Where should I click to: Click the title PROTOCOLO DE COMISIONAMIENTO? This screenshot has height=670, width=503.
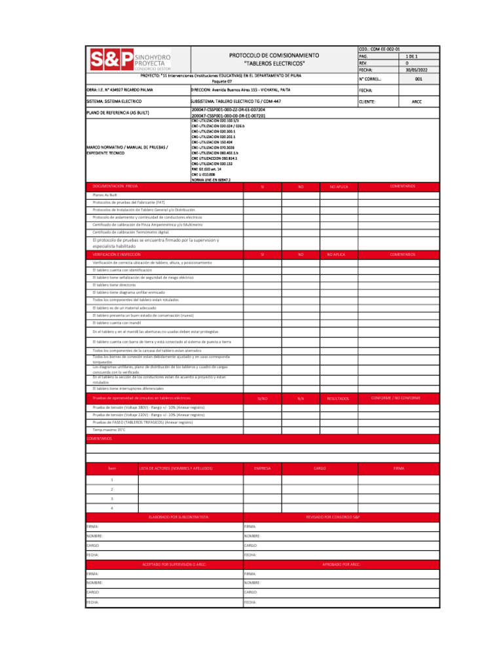pos(274,56)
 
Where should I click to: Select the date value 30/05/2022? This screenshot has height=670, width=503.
pos(417,69)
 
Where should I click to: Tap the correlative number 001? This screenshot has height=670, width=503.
pos(417,79)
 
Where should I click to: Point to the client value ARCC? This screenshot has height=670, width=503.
pos(417,102)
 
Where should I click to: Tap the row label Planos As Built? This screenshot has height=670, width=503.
pos(105,195)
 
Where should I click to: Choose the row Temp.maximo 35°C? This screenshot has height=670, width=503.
pos(109,430)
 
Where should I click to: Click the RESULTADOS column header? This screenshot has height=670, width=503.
pos(338,398)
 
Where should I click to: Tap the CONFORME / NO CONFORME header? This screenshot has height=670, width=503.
pos(396,398)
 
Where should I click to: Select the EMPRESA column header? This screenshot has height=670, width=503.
pos(262,468)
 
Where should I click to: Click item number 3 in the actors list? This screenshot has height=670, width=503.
pos(112,499)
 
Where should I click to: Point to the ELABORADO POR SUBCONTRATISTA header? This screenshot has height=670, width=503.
pos(179,517)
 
